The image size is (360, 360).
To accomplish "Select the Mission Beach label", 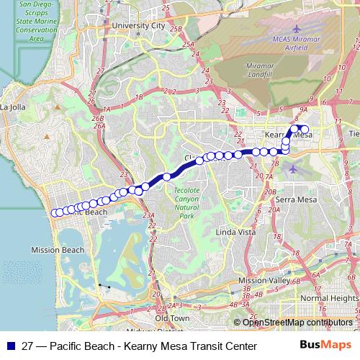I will coord(58,250).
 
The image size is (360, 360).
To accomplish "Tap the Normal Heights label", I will coord(329,297).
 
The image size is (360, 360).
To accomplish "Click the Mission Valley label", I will coord(263,280).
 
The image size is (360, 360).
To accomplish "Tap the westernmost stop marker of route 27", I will coord(55,212).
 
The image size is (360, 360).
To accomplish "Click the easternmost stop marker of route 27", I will coord(305,130).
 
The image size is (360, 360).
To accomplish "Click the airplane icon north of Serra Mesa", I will coord(293,169).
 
